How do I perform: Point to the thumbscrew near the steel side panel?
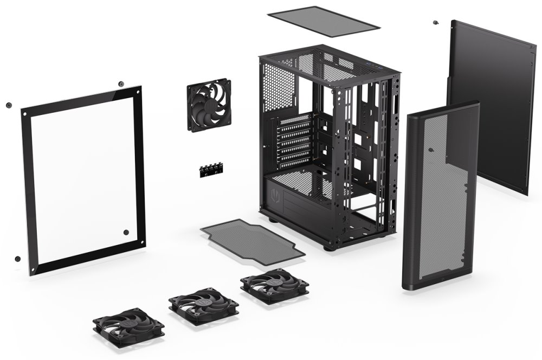(x=435, y=23)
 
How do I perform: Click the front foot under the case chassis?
(x=328, y=247)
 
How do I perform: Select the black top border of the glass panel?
(x=81, y=99)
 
